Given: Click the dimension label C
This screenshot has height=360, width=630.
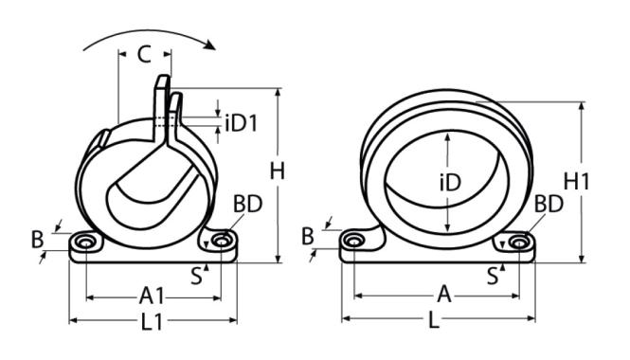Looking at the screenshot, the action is (x=144, y=54).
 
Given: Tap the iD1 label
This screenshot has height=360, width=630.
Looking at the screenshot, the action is (x=241, y=123).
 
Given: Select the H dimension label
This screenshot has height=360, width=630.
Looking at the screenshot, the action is (x=278, y=171).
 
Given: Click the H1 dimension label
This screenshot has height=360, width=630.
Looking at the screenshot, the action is (x=576, y=181).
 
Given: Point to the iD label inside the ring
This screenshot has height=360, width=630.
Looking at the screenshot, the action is (x=450, y=183).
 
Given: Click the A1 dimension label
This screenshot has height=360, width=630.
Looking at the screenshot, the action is (x=152, y=297).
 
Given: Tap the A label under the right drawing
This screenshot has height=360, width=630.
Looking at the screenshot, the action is (x=444, y=295).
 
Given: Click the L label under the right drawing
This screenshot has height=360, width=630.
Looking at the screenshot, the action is (x=433, y=320).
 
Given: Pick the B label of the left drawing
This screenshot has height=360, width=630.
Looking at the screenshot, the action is (x=37, y=240).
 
